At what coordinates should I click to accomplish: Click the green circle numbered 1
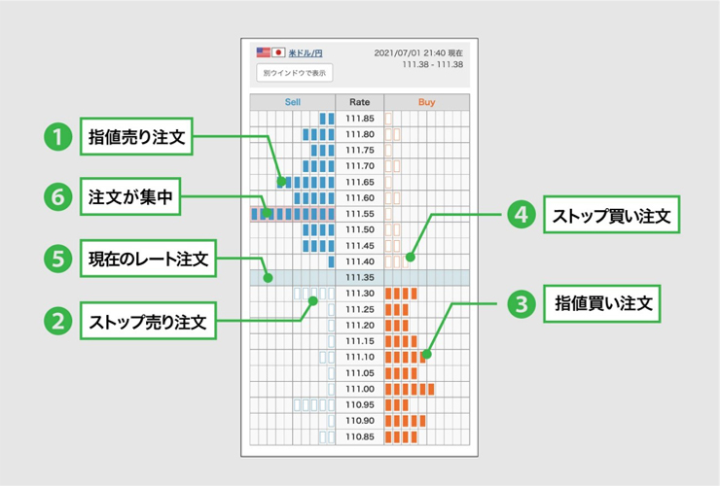click(x=57, y=137)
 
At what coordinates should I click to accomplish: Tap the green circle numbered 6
click(x=57, y=197)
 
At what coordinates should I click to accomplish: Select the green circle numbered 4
click(x=522, y=215)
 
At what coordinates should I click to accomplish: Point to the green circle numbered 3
click(x=522, y=304)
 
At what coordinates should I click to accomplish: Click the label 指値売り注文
click(x=136, y=136)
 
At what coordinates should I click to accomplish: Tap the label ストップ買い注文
click(x=612, y=215)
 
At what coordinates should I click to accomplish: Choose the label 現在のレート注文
click(x=148, y=259)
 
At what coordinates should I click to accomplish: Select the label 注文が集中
click(x=130, y=197)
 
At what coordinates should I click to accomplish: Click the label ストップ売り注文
click(x=148, y=321)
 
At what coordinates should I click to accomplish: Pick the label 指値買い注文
click(x=602, y=303)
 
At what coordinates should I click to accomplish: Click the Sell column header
click(x=293, y=102)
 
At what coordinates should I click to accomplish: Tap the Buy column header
click(x=426, y=102)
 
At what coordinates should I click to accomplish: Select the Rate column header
click(x=360, y=102)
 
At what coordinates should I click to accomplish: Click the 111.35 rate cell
click(x=360, y=277)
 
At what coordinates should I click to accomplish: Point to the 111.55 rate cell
click(x=360, y=214)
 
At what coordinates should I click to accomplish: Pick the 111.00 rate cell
click(x=360, y=389)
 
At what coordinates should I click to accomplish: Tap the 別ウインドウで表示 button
click(x=295, y=73)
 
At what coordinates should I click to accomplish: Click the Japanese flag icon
click(x=278, y=52)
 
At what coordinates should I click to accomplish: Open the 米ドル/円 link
click(x=306, y=53)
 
